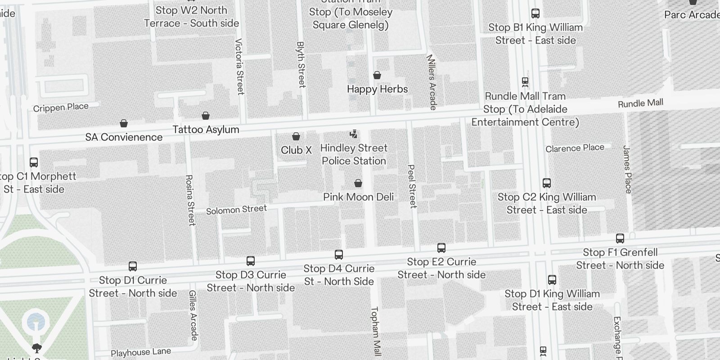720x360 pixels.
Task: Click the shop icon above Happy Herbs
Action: (x=377, y=75)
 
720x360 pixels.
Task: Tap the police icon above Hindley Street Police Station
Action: (x=354, y=134)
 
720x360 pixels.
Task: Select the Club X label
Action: (x=296, y=150)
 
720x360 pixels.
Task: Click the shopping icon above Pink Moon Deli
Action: (x=358, y=183)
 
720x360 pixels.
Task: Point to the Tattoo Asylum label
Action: (x=206, y=130)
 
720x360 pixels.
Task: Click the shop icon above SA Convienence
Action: (x=124, y=123)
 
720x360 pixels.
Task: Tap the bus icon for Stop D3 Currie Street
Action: (x=251, y=261)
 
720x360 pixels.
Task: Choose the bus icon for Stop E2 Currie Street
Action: (x=441, y=248)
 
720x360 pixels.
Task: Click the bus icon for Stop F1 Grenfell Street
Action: (x=620, y=238)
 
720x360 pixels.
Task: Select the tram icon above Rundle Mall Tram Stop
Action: (x=525, y=82)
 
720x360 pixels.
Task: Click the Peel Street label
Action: (x=412, y=186)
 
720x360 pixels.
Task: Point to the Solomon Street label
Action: (x=236, y=210)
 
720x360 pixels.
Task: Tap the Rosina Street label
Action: (x=190, y=200)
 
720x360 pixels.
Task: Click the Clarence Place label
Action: (x=575, y=148)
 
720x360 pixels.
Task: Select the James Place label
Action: (x=628, y=169)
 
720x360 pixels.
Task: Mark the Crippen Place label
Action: (x=61, y=108)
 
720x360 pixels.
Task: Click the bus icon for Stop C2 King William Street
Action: (x=547, y=183)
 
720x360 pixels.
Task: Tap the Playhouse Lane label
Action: (x=141, y=352)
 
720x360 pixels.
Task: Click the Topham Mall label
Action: (x=375, y=331)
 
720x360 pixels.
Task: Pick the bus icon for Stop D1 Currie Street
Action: (x=133, y=266)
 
